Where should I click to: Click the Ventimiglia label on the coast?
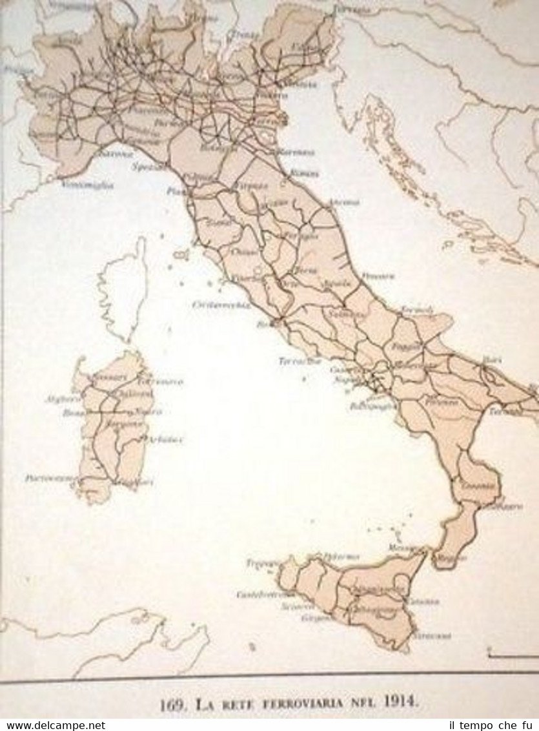click(x=88, y=185)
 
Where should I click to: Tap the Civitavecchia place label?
click(x=221, y=304)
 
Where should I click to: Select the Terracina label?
click(x=300, y=362)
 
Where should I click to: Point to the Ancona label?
click(x=344, y=202)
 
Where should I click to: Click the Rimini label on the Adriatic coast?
click(x=304, y=173)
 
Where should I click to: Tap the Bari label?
click(x=492, y=358)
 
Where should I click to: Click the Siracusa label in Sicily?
click(x=432, y=635)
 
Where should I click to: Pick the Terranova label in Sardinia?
click(x=161, y=381)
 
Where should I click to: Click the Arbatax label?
click(x=166, y=439)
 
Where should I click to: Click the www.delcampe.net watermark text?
click(x=53, y=725)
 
